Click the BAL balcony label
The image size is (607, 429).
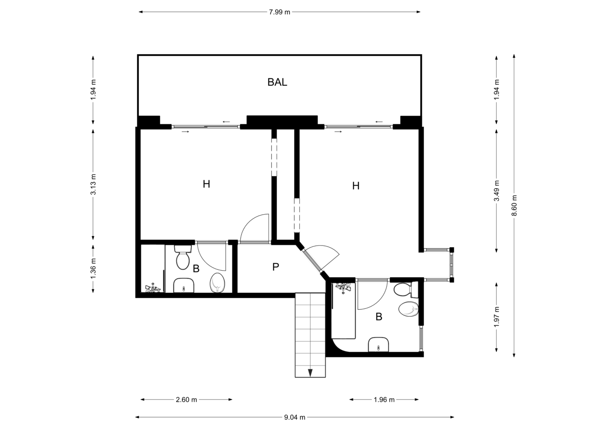pyautogui.click(x=277, y=82)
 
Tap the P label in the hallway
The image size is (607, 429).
pyautogui.click(x=276, y=267)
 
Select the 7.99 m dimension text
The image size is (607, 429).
pyautogui.click(x=279, y=12)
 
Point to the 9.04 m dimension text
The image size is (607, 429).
pyautogui.click(x=295, y=417)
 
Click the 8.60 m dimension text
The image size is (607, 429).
pyautogui.click(x=514, y=205)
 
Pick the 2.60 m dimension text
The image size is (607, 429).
pyautogui.click(x=186, y=400)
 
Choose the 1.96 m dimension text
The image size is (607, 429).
pyautogui.click(x=384, y=400)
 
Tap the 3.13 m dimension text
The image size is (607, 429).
pyautogui.click(x=93, y=184)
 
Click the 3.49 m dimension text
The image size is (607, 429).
pyautogui.click(x=497, y=191)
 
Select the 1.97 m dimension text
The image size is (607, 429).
pyautogui.click(x=497, y=317)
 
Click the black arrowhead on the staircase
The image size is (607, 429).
pyautogui.click(x=310, y=373)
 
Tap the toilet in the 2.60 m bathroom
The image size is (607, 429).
pyautogui.click(x=183, y=258)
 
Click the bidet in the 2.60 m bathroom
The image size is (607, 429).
pyautogui.click(x=218, y=282)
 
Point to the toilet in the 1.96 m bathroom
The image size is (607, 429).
pyautogui.click(x=406, y=289)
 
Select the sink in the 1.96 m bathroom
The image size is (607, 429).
pyautogui.click(x=378, y=344)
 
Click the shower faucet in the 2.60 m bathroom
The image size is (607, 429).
pyautogui.click(x=153, y=288)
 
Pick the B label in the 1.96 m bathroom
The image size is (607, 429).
pyautogui.click(x=379, y=317)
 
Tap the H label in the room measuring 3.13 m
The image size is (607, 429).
pyautogui.click(x=206, y=184)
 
